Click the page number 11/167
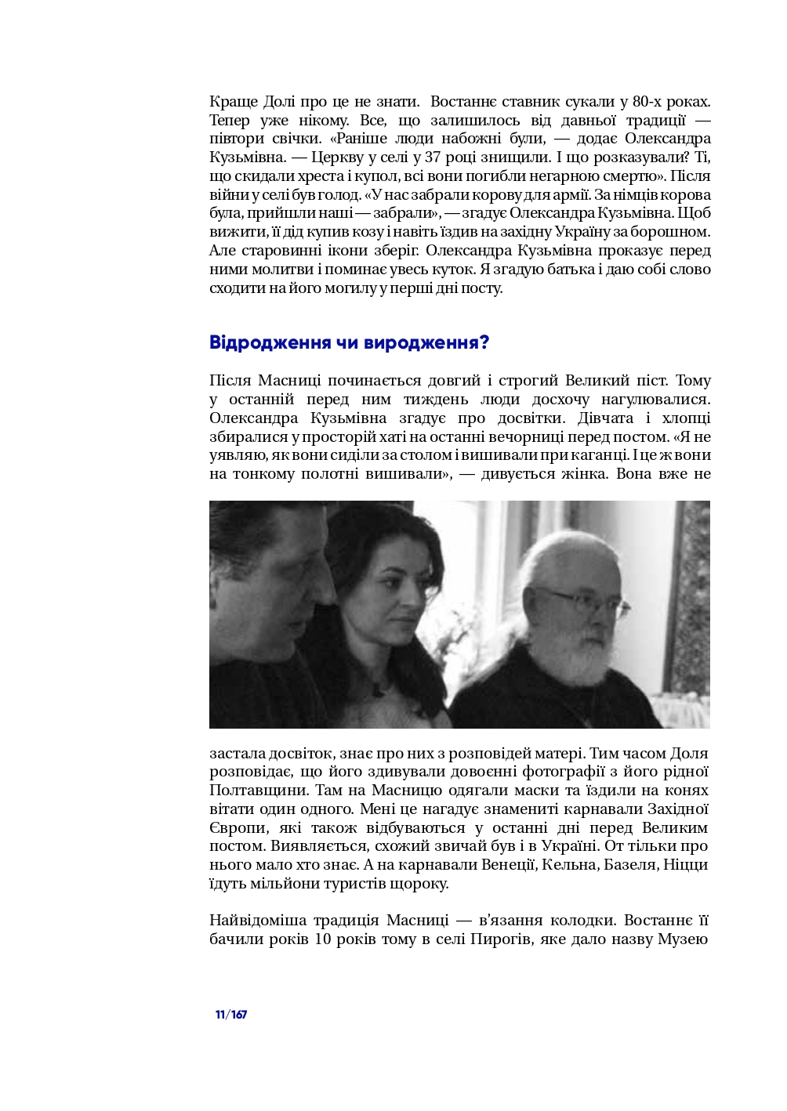pyautogui.click(x=231, y=1015)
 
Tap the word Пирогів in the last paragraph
pyautogui.click(x=499, y=939)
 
